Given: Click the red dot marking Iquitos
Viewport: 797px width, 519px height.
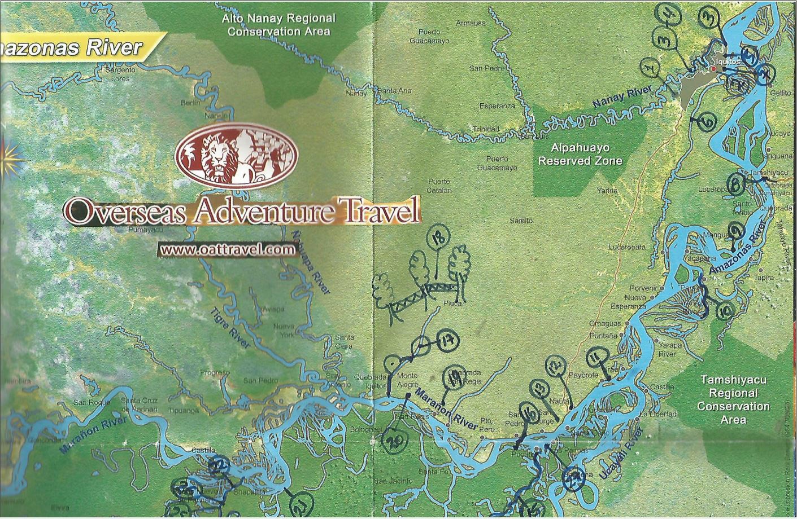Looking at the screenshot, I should click(713, 69).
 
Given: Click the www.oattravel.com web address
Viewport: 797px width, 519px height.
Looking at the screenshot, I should click(227, 249).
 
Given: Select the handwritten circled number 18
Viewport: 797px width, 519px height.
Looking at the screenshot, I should click(438, 238).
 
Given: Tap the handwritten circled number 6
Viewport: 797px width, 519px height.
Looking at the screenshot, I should click(707, 121).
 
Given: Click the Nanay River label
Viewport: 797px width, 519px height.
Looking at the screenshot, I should click(621, 96).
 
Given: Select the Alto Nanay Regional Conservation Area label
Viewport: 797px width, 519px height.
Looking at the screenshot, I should click(278, 25).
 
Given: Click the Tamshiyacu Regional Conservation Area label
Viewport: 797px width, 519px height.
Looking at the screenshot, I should click(733, 399).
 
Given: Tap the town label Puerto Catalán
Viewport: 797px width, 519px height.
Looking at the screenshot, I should click(438, 186).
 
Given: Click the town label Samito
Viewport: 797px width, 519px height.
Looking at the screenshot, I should click(521, 221).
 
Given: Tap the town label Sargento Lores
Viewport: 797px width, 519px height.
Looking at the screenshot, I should click(120, 74).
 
